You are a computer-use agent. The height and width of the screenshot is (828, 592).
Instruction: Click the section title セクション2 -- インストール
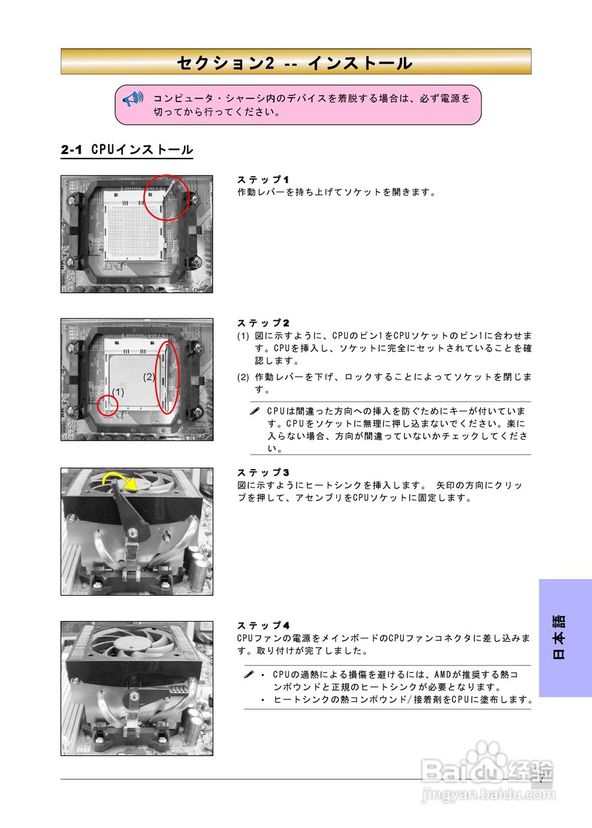click(x=295, y=63)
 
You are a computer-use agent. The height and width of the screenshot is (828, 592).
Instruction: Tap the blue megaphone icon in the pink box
click(x=132, y=99)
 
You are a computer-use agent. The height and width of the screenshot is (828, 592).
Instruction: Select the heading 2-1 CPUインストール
click(x=127, y=150)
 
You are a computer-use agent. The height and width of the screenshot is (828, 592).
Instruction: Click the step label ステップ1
click(x=263, y=179)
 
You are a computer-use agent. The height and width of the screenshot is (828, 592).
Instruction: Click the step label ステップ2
click(x=263, y=322)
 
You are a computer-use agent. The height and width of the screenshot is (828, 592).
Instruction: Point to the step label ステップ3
click(x=263, y=472)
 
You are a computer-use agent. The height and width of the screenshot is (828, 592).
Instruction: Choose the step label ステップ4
click(x=263, y=625)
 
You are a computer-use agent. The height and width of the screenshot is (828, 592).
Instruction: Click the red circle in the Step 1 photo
click(x=166, y=197)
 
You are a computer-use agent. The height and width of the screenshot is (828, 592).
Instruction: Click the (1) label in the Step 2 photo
click(x=118, y=392)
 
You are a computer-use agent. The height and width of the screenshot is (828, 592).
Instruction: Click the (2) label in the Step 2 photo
click(x=149, y=376)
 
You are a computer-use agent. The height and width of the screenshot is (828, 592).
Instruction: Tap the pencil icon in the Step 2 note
click(x=255, y=411)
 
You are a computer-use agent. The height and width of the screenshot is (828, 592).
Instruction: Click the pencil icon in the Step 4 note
click(x=249, y=675)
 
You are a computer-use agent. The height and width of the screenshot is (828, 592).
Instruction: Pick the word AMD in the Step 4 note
click(x=444, y=675)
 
